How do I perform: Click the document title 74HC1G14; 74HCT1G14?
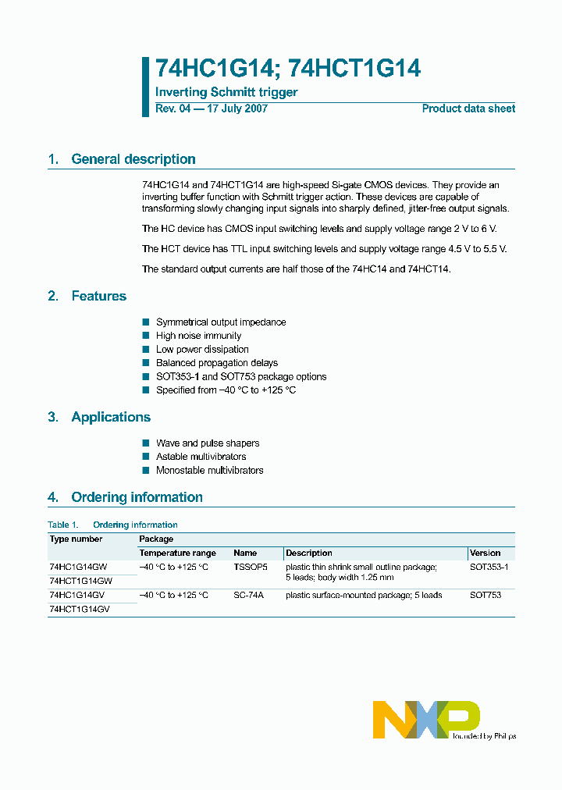click(x=288, y=69)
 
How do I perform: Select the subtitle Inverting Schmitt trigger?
click(x=226, y=93)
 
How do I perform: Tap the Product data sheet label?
click(x=468, y=109)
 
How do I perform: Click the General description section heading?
click(x=133, y=159)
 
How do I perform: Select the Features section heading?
click(x=98, y=296)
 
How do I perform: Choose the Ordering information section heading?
click(x=137, y=497)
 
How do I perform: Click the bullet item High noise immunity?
click(x=198, y=336)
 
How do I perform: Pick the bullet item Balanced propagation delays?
click(x=216, y=363)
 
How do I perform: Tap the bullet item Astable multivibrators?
click(x=201, y=457)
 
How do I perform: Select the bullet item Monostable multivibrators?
click(x=209, y=471)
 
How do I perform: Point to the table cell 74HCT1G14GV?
click(x=80, y=609)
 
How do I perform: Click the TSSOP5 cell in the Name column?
click(x=250, y=568)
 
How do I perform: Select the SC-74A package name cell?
click(x=249, y=595)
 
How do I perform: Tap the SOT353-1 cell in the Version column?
click(x=489, y=568)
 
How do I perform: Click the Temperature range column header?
click(x=177, y=553)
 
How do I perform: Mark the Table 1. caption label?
click(x=63, y=525)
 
